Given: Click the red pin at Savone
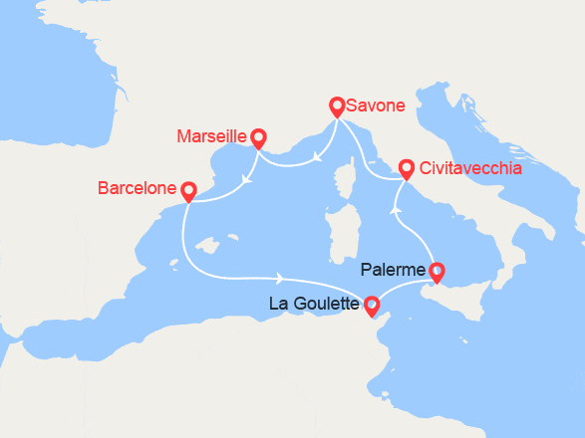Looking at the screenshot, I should click(337, 105).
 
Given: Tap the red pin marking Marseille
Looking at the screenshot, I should click(258, 137).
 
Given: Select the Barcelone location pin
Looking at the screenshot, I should click(186, 189).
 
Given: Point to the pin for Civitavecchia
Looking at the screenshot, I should click(406, 169).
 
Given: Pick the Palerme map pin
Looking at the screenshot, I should click(436, 270).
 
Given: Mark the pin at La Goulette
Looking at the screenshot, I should click(372, 306).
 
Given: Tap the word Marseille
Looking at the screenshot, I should click(211, 136).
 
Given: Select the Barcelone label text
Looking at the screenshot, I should click(137, 187).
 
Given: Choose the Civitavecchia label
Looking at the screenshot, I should click(470, 169).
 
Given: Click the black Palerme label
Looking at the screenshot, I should click(396, 270).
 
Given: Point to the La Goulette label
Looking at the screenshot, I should click(314, 305).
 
